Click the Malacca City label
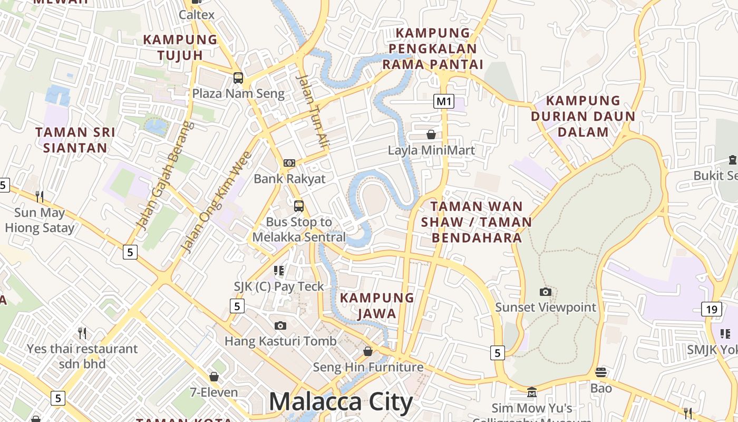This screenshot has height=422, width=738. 341,402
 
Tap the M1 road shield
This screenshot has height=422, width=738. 444,101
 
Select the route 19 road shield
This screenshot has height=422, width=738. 712,309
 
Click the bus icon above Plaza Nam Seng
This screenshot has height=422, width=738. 238,78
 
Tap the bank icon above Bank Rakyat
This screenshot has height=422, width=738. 289,163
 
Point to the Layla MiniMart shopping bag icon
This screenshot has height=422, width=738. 431,135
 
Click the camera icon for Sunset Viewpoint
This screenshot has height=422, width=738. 546,292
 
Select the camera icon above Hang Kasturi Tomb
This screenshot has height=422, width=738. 280,325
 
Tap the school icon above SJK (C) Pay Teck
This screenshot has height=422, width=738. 279,271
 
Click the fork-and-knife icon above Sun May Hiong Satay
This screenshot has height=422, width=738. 40,197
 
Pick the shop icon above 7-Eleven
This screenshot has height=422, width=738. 213,377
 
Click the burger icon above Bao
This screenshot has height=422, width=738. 601,372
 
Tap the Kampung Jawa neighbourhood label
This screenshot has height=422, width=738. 377,305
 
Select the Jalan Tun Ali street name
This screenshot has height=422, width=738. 313,110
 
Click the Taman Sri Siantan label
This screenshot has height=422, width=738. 75,140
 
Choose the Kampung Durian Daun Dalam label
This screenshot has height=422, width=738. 583,116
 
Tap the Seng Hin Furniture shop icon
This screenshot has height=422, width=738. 368,351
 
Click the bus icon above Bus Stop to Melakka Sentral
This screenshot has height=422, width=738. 299,206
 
